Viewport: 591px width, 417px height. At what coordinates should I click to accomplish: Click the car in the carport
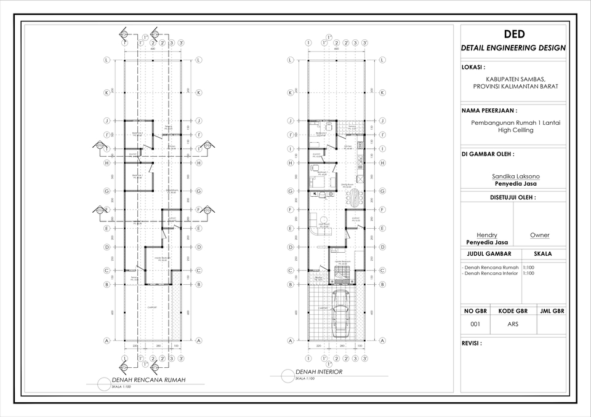[340, 314]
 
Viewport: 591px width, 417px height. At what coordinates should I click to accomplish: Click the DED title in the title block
[513, 34]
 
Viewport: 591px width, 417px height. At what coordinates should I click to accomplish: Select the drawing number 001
[475, 324]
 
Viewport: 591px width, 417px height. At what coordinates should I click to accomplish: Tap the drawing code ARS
[513, 324]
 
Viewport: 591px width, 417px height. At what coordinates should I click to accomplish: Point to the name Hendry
[487, 235]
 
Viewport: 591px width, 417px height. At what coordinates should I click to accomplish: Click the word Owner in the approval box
[539, 235]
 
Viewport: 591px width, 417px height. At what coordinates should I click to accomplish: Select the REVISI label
[472, 344]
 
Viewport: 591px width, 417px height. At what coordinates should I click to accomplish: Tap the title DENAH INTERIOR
[319, 372]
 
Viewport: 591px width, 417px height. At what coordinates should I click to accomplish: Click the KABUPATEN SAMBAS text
[515, 79]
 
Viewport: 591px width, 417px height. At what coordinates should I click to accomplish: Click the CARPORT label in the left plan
[152, 306]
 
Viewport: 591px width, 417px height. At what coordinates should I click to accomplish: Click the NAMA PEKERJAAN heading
[489, 111]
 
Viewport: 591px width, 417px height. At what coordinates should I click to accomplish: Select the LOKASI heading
[473, 66]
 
